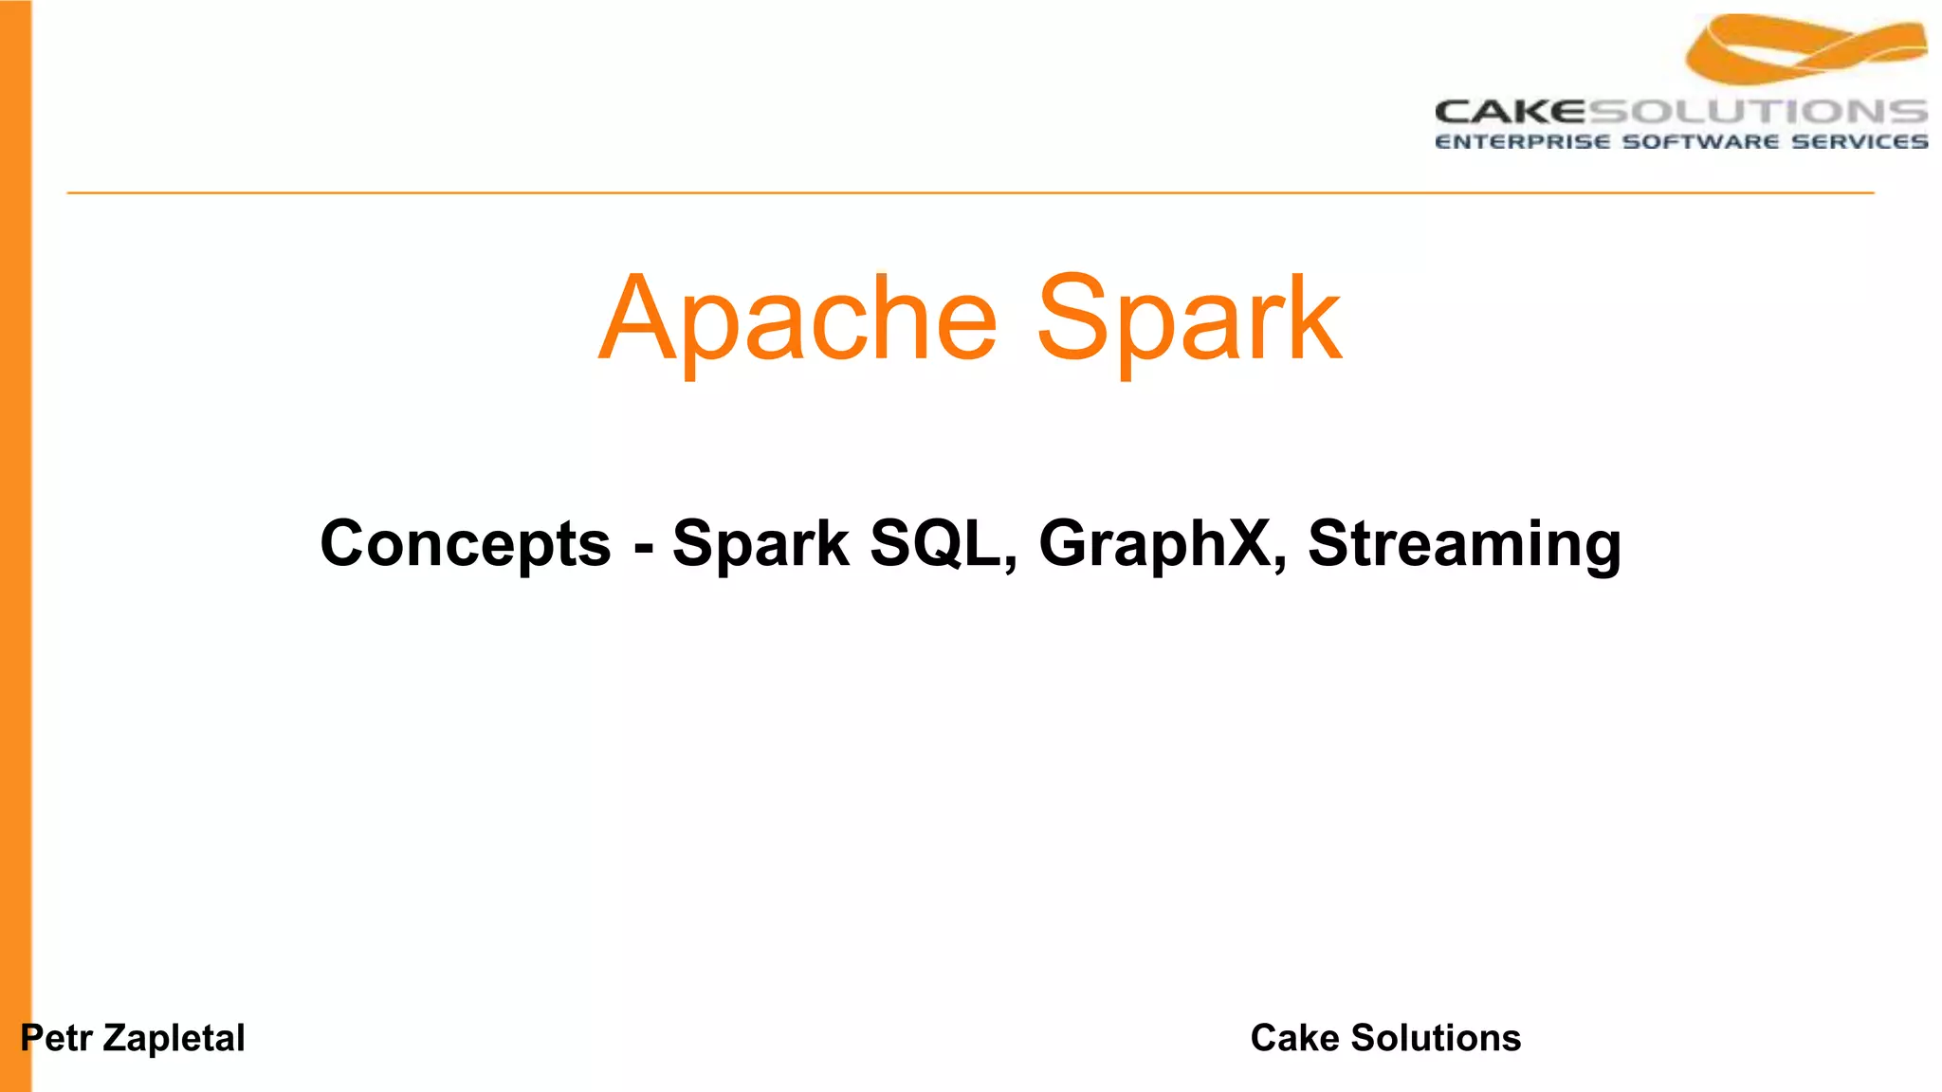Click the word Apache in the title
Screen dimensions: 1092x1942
798,319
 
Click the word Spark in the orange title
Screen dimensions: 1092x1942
1189,319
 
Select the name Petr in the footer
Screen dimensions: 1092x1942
57,1038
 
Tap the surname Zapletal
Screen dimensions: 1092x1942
174,1038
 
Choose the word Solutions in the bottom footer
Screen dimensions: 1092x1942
1436,1038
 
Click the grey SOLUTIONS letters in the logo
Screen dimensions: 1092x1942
1758,112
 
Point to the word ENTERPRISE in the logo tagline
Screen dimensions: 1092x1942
1522,142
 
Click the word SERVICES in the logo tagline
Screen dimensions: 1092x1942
1860,142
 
